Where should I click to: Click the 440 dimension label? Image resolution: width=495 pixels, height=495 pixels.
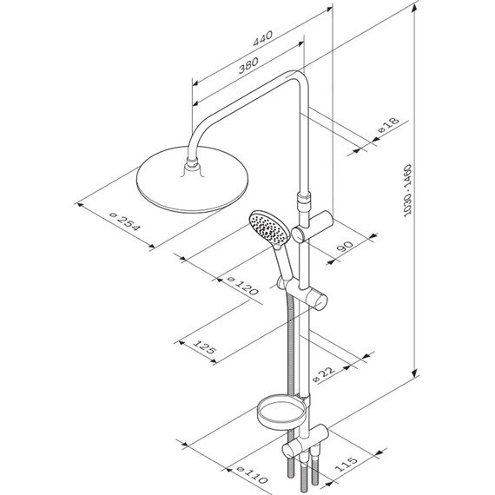pyautogui.click(x=262, y=38)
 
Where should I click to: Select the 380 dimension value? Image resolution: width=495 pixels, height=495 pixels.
pyautogui.click(x=248, y=65)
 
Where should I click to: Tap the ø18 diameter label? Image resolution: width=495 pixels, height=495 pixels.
pyautogui.click(x=388, y=125)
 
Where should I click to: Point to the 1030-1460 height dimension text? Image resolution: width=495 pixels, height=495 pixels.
pyautogui.click(x=408, y=190)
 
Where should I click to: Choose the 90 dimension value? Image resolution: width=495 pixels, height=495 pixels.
pyautogui.click(x=345, y=246)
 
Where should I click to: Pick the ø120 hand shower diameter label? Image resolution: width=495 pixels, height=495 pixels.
pyautogui.click(x=243, y=286)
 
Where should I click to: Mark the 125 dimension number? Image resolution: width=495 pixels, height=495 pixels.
pyautogui.click(x=205, y=346)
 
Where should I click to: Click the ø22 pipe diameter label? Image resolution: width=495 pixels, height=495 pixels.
pyautogui.click(x=324, y=373)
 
